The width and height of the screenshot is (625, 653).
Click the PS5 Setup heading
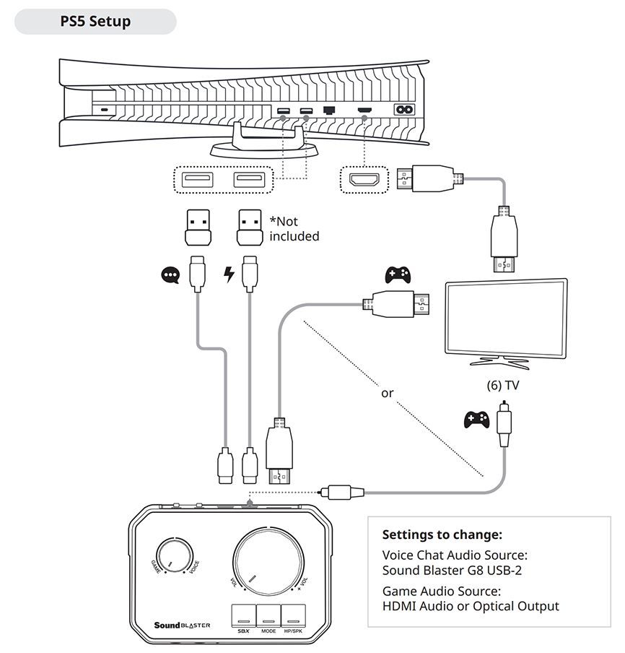(95, 21)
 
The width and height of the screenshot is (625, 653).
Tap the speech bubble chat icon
(170, 274)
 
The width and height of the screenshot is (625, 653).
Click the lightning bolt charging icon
(230, 274)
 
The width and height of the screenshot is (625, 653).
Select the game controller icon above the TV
(398, 275)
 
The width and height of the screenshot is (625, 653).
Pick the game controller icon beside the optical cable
(476, 419)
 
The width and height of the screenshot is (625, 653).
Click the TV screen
(505, 317)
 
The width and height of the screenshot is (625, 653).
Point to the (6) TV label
(503, 385)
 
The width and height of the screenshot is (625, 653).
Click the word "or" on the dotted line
(388, 394)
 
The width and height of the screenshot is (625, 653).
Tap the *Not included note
(293, 228)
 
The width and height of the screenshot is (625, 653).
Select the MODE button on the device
(268, 615)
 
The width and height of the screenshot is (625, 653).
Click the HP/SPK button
(293, 615)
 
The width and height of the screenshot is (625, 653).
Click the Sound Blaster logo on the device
(182, 625)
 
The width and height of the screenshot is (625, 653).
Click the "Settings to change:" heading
(442, 535)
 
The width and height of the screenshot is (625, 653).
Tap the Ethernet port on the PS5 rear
(331, 111)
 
